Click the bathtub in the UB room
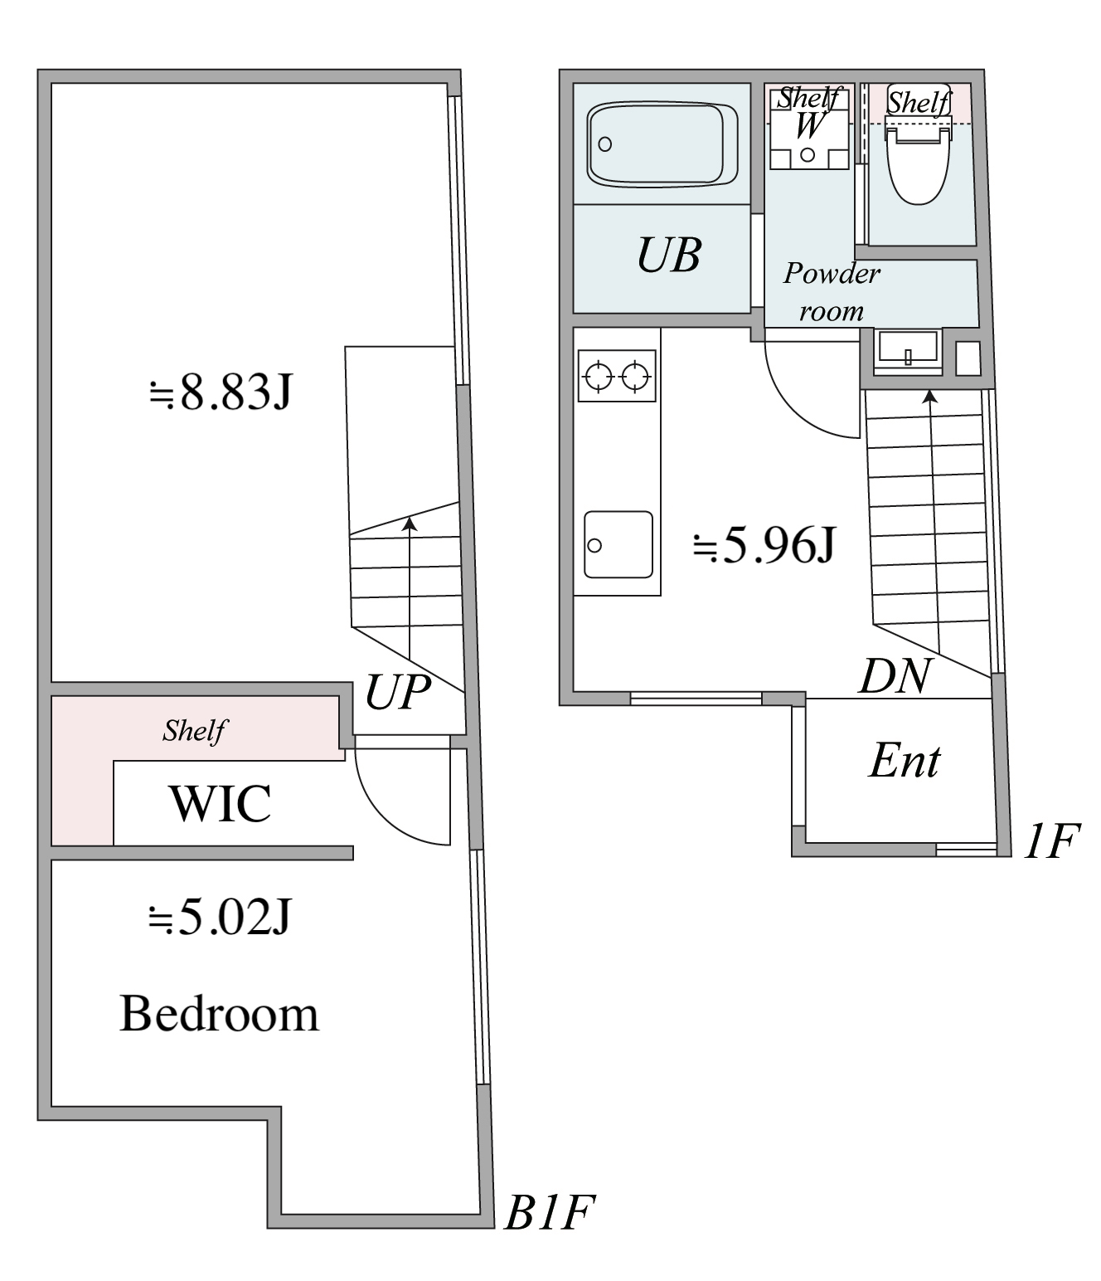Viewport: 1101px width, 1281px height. (662, 144)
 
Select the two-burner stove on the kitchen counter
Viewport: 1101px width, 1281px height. (616, 377)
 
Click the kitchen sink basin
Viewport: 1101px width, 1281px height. (618, 544)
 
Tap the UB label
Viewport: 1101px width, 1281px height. (669, 256)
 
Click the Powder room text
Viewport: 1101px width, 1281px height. (832, 291)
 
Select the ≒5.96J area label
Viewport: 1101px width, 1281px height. (764, 545)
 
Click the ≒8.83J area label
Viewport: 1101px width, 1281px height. (220, 392)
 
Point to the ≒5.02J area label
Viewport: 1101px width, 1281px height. (219, 918)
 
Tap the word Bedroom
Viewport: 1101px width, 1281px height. (219, 1014)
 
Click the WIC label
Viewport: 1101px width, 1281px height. (220, 803)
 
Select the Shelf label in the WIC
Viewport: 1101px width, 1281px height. (194, 730)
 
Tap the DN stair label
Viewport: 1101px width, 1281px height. (895, 676)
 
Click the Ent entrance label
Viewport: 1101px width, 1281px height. (904, 761)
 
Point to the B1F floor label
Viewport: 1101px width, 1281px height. (550, 1214)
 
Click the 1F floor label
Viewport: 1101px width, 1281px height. (1050, 842)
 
